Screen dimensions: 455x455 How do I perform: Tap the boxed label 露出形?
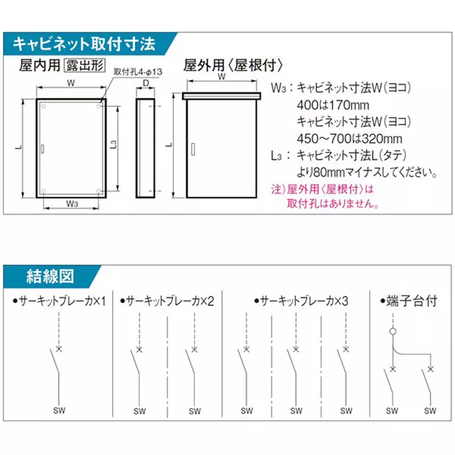click(x=84, y=65)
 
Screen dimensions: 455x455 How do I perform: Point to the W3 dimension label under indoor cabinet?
click(x=72, y=203)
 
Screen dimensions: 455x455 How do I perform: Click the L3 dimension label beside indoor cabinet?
click(x=113, y=146)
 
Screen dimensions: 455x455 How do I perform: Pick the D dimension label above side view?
click(x=146, y=85)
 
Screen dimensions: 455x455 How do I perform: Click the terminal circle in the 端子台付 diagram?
click(x=392, y=331)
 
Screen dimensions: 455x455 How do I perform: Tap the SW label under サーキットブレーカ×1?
click(x=59, y=411)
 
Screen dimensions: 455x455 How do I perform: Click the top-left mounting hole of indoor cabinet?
click(x=43, y=106)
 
